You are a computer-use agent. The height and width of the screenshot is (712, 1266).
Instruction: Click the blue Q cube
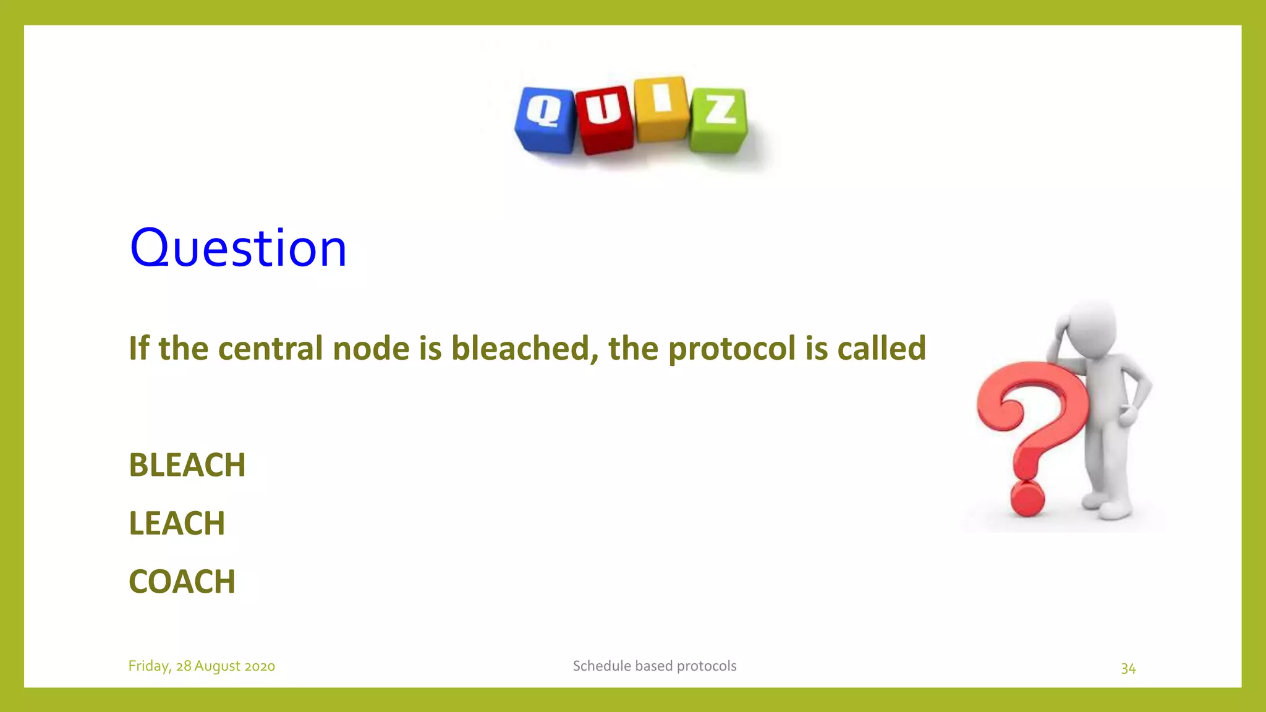[545, 120]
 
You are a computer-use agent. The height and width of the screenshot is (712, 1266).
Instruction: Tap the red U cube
[604, 120]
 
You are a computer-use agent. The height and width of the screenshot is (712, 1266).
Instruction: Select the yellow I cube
[661, 109]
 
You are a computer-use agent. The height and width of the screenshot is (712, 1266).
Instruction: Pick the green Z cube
[719, 120]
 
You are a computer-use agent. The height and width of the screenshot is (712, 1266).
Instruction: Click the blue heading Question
[238, 248]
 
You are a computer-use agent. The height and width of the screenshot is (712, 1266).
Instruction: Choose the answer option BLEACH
[187, 465]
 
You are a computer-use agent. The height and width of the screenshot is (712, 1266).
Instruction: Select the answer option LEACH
[177, 523]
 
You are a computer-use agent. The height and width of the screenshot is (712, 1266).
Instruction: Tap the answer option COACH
[182, 582]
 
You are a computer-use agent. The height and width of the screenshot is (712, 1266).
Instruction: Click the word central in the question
[270, 348]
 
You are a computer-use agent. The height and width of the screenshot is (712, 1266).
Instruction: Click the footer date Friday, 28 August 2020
[202, 666]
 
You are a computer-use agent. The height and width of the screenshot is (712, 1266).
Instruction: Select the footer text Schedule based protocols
[655, 666]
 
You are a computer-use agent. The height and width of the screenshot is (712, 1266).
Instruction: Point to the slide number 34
[1128, 668]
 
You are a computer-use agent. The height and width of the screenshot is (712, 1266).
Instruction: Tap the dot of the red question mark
[1027, 499]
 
